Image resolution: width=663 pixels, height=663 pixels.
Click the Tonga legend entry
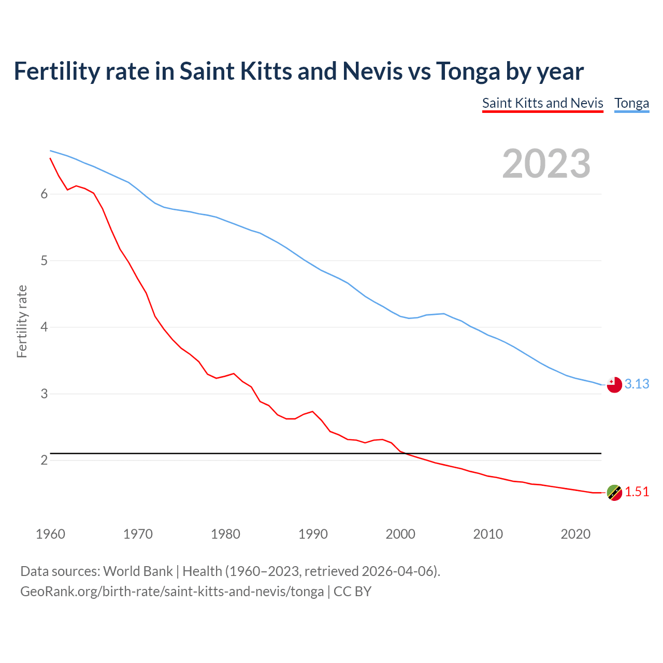(631, 103)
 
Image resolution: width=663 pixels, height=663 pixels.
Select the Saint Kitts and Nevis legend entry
(542, 103)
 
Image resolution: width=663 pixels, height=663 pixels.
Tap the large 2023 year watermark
(546, 164)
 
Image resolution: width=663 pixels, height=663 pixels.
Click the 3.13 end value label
(637, 384)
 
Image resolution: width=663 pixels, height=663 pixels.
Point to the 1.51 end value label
(637, 492)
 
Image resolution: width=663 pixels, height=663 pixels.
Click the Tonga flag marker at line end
(614, 385)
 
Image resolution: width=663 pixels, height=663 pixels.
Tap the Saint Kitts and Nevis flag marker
(614, 493)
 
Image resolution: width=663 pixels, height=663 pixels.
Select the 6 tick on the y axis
(44, 194)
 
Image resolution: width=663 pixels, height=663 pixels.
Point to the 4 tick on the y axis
(44, 327)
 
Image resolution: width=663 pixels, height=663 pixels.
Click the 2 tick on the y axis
(44, 460)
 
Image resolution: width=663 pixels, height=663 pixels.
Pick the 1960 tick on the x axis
(50, 534)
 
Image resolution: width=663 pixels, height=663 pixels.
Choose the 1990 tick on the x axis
(313, 534)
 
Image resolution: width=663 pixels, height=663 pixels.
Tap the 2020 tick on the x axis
(575, 534)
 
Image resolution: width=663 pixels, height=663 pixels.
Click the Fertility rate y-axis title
(22, 321)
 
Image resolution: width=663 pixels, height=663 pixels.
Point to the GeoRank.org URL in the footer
(172, 591)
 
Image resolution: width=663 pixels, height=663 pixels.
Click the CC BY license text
(352, 591)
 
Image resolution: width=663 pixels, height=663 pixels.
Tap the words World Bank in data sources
(138, 571)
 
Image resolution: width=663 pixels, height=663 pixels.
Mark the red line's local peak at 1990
(312, 411)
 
